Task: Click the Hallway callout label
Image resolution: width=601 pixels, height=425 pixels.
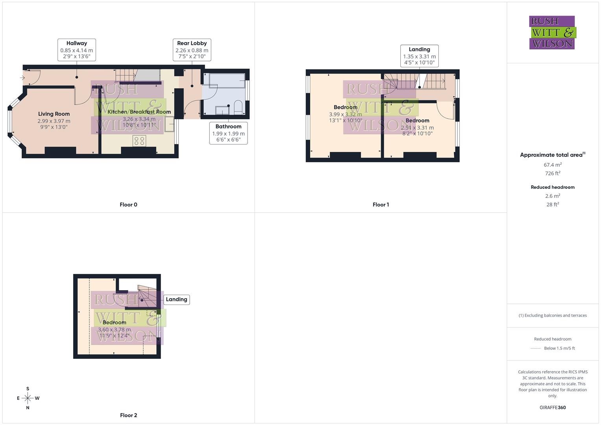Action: [x=77, y=50]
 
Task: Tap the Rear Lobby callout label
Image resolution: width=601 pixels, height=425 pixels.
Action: [x=192, y=50]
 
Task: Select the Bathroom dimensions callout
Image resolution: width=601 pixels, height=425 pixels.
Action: [x=228, y=133]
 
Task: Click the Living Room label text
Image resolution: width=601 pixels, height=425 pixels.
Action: [x=54, y=114]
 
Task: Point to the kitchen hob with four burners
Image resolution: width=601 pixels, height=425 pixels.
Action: [x=139, y=141]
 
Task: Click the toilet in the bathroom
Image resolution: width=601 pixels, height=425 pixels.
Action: [x=238, y=107]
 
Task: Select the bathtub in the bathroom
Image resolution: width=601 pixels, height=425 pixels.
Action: [x=225, y=81]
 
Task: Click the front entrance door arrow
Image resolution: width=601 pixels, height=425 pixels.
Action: [x=22, y=78]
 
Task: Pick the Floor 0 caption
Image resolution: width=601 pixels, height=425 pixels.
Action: [x=128, y=205]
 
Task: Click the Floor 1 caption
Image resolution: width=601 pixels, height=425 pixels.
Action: [x=381, y=205]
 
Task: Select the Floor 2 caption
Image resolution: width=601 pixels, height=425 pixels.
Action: [x=128, y=415]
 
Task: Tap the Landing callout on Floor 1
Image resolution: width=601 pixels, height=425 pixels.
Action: [x=419, y=56]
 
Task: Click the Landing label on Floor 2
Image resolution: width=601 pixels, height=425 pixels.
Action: [x=176, y=299]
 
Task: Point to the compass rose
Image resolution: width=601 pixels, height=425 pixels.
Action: [x=28, y=398]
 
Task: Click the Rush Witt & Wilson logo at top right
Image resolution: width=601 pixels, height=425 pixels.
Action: [x=552, y=33]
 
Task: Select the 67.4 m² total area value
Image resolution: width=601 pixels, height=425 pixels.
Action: [x=553, y=165]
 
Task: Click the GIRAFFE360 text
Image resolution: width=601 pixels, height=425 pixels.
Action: [x=553, y=408]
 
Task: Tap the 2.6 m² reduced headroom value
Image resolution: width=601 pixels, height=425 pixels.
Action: [x=553, y=196]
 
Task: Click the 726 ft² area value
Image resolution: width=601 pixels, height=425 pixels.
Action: [x=553, y=173]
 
